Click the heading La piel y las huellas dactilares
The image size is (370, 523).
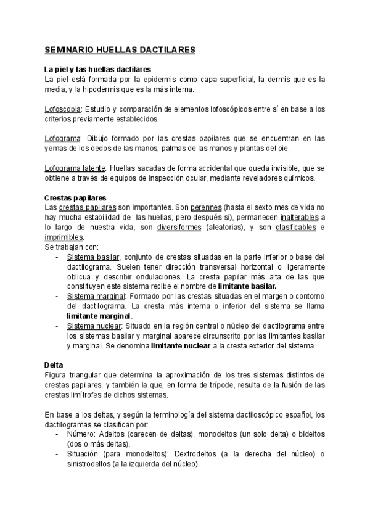click(x=98, y=70)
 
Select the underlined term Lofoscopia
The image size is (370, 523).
click(x=63, y=109)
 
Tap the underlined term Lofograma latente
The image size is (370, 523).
click(x=75, y=168)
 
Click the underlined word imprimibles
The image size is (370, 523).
click(x=63, y=237)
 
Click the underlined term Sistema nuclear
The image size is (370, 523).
click(x=94, y=326)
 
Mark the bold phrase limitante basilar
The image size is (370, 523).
click(x=247, y=286)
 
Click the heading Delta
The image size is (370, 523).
click(x=54, y=365)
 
